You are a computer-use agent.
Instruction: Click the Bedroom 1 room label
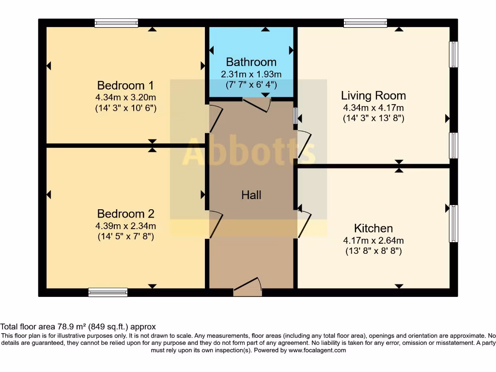(125, 86)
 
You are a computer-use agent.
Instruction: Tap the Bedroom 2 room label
(125, 214)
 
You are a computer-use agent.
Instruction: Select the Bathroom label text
(251, 62)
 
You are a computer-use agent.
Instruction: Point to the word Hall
(251, 195)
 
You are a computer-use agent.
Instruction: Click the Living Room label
(373, 95)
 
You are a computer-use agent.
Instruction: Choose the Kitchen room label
(373, 228)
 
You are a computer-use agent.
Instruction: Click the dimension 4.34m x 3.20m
(125, 97)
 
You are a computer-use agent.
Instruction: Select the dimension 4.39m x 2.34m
(125, 226)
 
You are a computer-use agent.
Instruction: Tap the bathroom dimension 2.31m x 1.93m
(251, 74)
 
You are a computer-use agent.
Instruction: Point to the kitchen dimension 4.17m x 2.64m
(373, 240)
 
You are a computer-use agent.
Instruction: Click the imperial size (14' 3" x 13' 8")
(373, 118)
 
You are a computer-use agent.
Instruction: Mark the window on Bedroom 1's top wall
(116, 23)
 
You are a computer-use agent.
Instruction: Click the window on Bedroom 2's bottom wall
(108, 292)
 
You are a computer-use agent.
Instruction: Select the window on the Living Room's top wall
(365, 23)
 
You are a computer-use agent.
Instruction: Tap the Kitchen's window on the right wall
(453, 223)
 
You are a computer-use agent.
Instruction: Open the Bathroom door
(256, 104)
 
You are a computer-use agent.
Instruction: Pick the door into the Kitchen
(304, 223)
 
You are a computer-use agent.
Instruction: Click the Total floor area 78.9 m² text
(78, 327)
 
